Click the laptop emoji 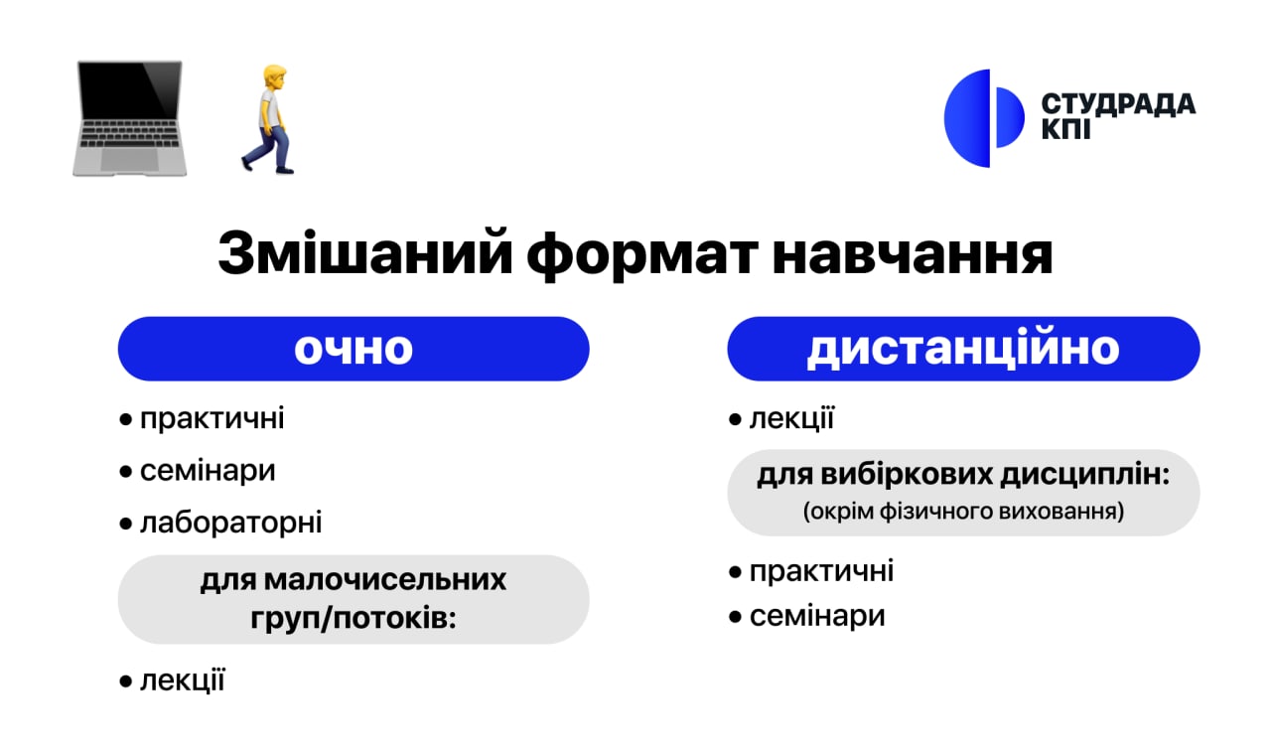point(129,118)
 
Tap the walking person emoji point(269,118)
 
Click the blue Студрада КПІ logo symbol point(984,118)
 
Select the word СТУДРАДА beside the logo point(1118,104)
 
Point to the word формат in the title point(642,254)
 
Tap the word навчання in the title point(913,253)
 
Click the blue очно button point(353,349)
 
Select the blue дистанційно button point(963,349)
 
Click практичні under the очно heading point(212,419)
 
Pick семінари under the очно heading point(208,471)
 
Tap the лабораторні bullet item point(231,523)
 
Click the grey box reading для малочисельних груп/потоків point(353,599)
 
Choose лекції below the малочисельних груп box point(183,680)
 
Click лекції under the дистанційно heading point(792,419)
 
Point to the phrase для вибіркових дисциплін point(963,475)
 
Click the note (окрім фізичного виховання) point(963,512)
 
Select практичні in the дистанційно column point(821,571)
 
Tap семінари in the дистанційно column point(817,616)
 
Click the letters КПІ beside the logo point(1066,129)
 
